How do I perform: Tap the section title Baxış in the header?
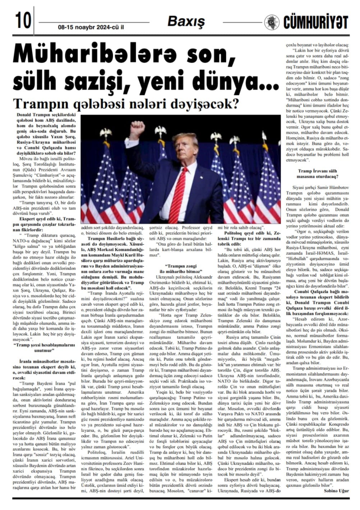point(186,22)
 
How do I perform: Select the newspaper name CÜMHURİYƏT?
point(315,22)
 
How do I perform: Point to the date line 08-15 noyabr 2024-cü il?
point(91,27)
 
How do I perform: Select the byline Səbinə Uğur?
point(336,491)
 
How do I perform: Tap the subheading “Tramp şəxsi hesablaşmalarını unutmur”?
point(45,348)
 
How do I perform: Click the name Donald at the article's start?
point(24,114)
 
